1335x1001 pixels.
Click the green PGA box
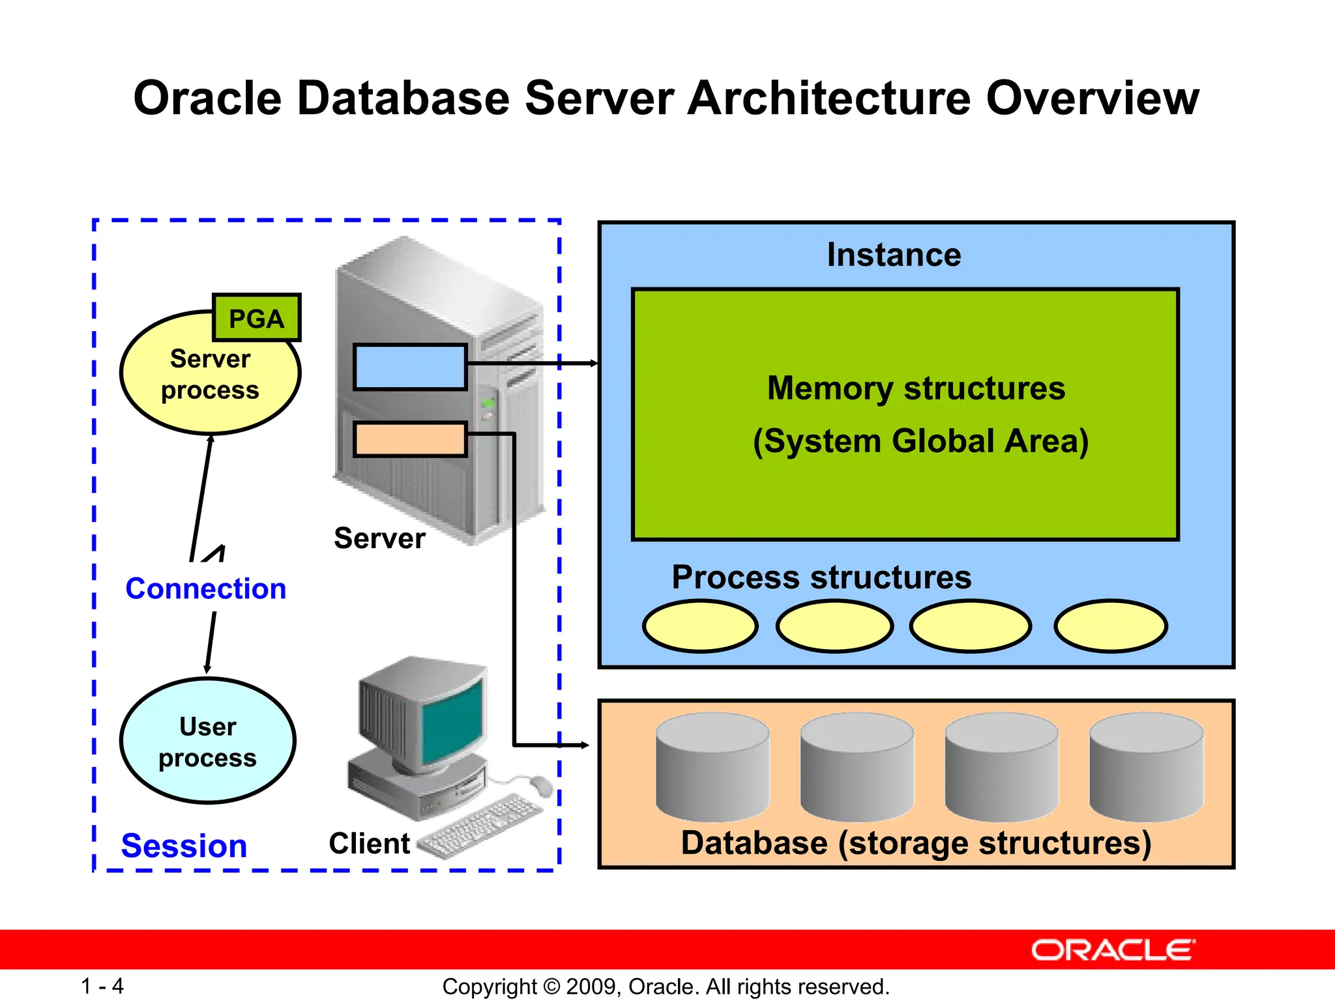tap(257, 318)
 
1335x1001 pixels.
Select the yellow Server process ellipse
tap(196, 384)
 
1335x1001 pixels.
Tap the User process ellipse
tap(208, 742)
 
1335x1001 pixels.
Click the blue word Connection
tap(206, 588)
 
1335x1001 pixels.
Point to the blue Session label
tap(184, 846)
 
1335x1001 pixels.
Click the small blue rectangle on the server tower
tap(410, 368)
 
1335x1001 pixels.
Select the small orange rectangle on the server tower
tap(410, 439)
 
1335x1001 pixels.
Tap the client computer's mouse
tap(540, 786)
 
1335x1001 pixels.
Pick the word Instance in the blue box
tap(894, 255)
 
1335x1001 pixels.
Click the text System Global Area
tap(920, 441)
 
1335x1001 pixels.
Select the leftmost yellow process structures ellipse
tap(700, 626)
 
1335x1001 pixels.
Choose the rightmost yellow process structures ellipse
tap(1111, 626)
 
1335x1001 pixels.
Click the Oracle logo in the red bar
tap(1113, 950)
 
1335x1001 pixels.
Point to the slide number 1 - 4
tap(102, 986)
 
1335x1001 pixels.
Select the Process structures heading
tap(821, 577)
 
